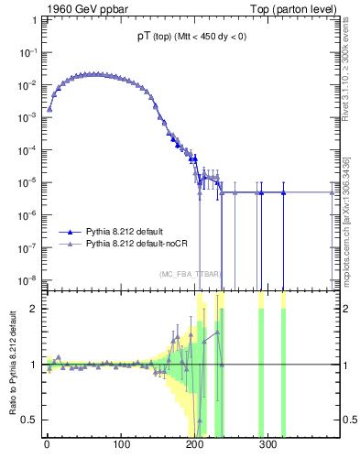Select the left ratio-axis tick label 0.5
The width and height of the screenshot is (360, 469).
coord(31,420)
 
